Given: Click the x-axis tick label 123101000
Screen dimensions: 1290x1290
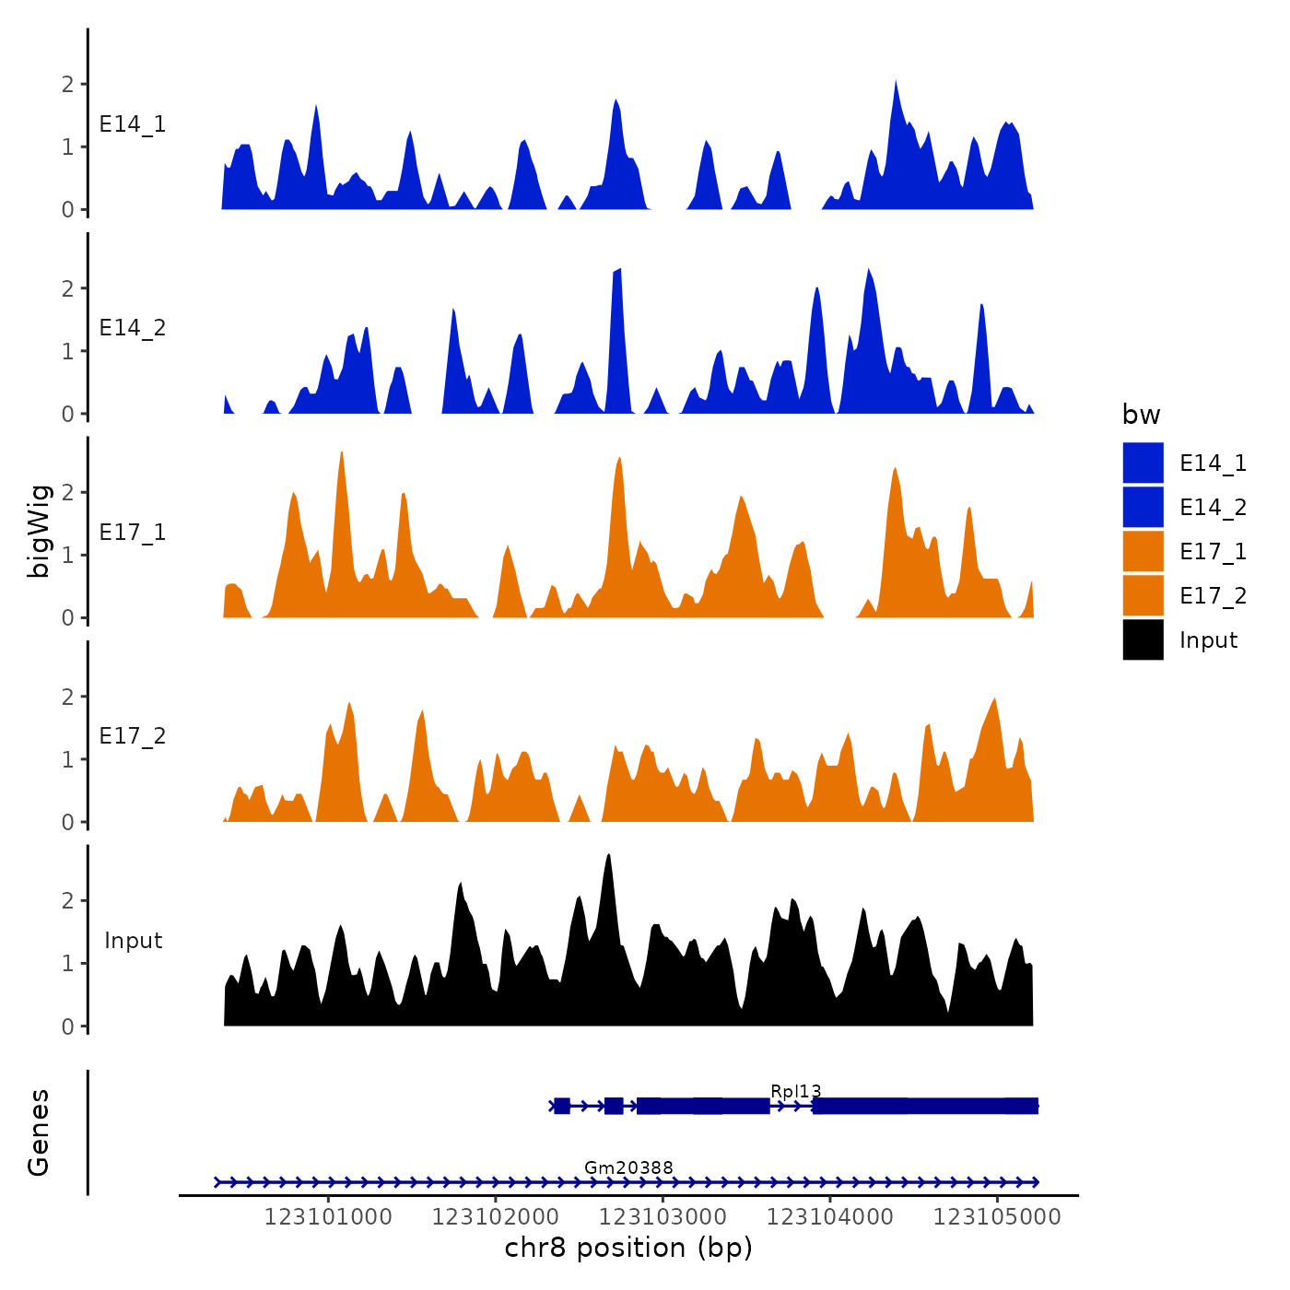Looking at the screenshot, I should pos(328,1217).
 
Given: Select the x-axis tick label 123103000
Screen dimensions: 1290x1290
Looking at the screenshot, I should pos(663,1217).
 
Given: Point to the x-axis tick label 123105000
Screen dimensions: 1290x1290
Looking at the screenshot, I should pos(997,1217).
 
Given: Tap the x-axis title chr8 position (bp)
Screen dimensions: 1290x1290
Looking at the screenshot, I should pos(628,1249).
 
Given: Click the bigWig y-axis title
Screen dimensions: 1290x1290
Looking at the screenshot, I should pos(39,531).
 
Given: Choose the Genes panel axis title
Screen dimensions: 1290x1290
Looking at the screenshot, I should pos(39,1132).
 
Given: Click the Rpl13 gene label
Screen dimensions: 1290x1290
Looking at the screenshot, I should pos(795,1092).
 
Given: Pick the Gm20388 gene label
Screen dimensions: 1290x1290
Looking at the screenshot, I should pos(628,1168).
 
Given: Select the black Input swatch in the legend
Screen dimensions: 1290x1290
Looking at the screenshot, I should pos(1143,639).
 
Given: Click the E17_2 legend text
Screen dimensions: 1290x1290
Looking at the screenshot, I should pos(1213,596).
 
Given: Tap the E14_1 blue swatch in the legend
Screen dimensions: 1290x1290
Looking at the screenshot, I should pos(1143,463).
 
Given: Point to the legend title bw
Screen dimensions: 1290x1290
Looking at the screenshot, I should pos(1141,416).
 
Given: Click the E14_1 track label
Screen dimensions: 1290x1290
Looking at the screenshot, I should pos(133,124).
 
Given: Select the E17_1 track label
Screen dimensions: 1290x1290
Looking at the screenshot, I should pos(133,533).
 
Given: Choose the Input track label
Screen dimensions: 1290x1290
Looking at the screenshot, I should pos(133,941).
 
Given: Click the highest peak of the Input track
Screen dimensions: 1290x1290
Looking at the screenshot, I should pos(608,856).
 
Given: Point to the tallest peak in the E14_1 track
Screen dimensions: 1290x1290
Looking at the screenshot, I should pos(896,81).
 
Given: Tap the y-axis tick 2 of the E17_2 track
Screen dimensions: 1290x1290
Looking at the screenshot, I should pos(67,698).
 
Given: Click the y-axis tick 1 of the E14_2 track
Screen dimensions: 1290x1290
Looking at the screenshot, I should pos(67,351).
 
